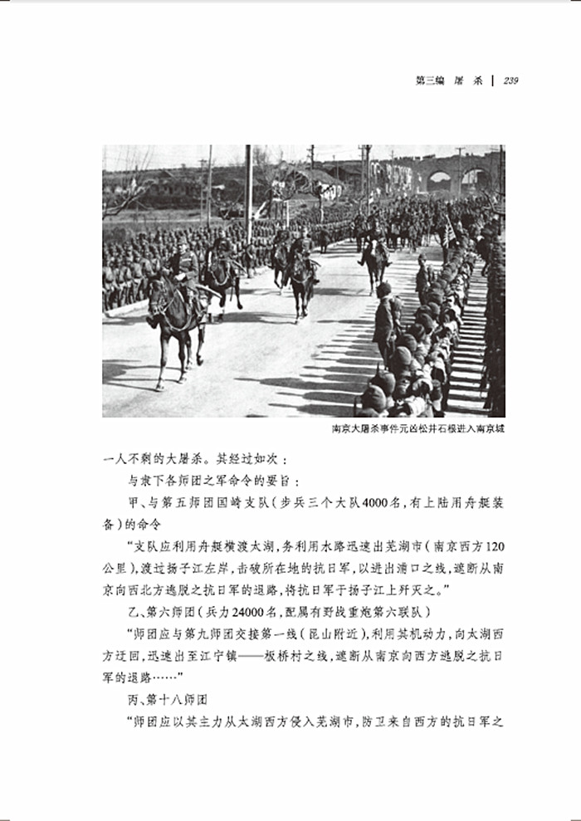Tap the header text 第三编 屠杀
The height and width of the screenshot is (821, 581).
448,81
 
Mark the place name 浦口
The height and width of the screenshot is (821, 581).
400,569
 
